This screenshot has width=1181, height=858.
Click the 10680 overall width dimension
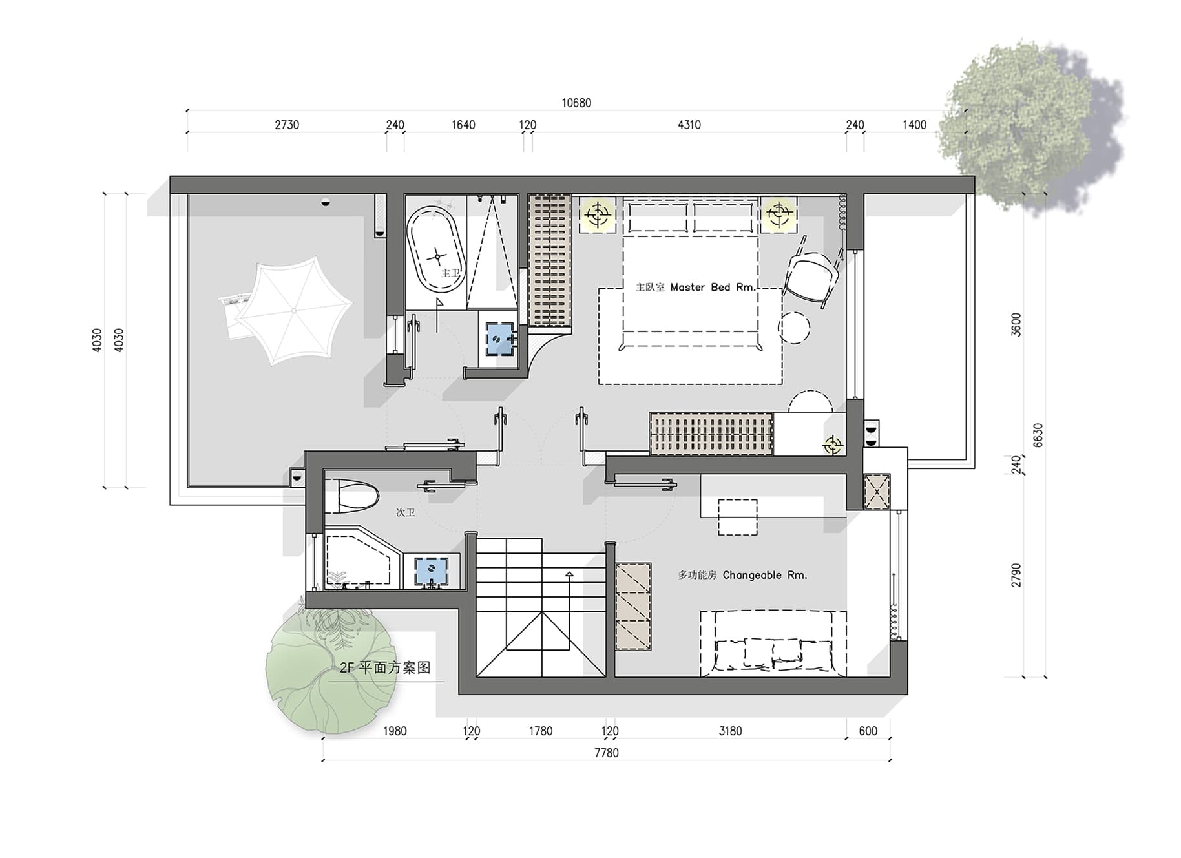coord(576,103)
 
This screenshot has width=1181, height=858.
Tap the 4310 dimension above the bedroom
coord(689,125)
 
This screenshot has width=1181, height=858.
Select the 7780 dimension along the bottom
coord(606,753)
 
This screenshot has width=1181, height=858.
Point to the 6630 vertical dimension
coord(1038,435)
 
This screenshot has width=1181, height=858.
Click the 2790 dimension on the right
coord(1016,575)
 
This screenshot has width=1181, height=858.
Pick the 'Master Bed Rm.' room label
coord(713,287)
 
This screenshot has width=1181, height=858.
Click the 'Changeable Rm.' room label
coord(765,575)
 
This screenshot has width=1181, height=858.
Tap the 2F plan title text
coord(385,667)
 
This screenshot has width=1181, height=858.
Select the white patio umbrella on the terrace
coord(293,311)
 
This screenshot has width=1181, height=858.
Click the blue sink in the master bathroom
coord(501,338)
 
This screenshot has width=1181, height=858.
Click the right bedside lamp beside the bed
coord(779,213)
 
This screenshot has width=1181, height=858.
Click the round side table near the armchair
coord(794,328)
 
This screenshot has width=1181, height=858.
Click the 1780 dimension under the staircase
coord(541,731)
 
